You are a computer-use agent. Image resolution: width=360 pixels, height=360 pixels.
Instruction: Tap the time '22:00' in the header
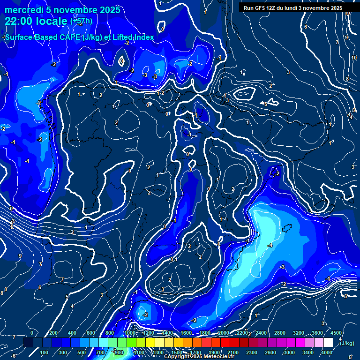[x=20, y=21]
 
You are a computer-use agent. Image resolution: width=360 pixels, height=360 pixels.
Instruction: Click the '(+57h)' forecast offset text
[x=82, y=21]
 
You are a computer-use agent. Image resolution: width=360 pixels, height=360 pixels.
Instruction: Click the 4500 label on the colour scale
[x=336, y=333]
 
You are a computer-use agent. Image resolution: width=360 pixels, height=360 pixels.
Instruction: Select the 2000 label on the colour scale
[x=223, y=333]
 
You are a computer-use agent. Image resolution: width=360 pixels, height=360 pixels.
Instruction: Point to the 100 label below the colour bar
[x=45, y=352]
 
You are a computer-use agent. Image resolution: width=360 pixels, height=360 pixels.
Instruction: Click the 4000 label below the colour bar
[x=327, y=352]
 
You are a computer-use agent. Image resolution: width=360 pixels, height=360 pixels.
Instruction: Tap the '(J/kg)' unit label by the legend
[x=347, y=344]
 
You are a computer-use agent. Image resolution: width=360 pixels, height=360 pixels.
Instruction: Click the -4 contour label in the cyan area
[x=270, y=245]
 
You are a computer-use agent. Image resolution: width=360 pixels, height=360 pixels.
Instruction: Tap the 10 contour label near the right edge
[x=354, y=58]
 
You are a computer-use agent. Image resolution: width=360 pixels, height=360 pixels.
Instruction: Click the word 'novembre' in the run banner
[x=318, y=8]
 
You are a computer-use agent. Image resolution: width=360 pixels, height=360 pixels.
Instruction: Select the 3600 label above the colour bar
[x=317, y=333]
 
